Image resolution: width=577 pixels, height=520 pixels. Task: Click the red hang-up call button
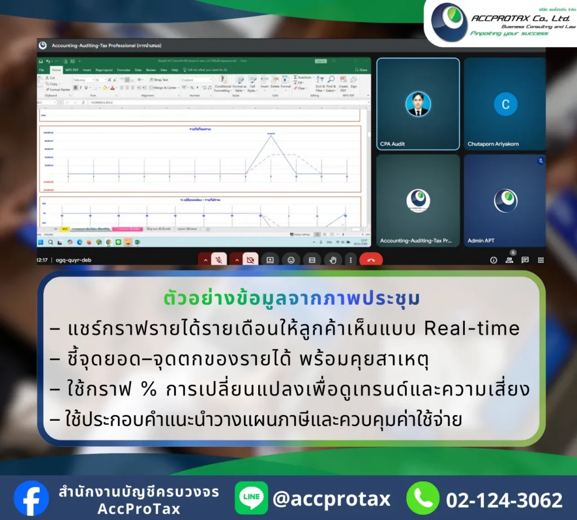click(371, 260)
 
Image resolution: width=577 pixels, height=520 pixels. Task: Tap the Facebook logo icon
click(31, 498)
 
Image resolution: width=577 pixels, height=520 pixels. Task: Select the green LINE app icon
click(251, 498)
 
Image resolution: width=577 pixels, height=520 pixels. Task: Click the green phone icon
click(423, 498)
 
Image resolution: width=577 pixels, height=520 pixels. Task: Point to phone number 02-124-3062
click(504, 500)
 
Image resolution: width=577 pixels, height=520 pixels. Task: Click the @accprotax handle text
click(331, 499)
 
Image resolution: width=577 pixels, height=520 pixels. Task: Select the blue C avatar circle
click(505, 104)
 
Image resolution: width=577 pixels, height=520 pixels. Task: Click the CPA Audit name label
click(393, 144)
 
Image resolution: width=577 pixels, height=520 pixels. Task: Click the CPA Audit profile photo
click(418, 104)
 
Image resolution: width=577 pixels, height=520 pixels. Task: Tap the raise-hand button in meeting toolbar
click(332, 260)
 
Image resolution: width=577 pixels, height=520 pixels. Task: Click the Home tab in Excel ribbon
click(56, 70)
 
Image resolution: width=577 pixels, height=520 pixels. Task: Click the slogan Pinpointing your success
click(509, 34)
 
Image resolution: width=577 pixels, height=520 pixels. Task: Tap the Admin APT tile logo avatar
click(505, 201)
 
